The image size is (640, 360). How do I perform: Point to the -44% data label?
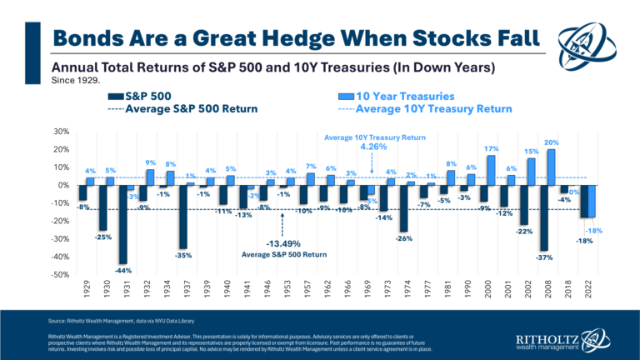(x=124, y=271)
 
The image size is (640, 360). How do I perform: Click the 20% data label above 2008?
(x=552, y=143)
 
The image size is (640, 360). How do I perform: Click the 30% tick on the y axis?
(x=59, y=131)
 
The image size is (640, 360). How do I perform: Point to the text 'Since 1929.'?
(x=75, y=80)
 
